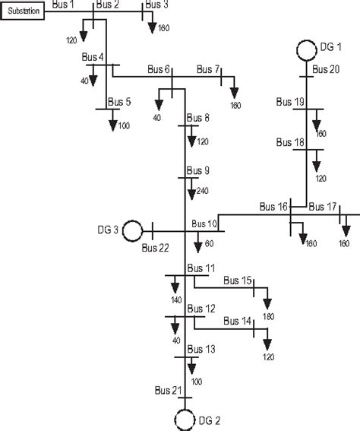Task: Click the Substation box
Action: pyautogui.click(x=24, y=11)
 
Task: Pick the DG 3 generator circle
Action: pyautogui.click(x=133, y=229)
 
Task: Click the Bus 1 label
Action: pyautogui.click(x=64, y=5)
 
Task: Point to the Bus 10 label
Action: pyautogui.click(x=204, y=223)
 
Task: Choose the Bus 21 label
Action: pyautogui.click(x=165, y=391)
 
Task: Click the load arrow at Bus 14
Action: pyautogui.click(x=267, y=335)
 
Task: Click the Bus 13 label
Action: pyautogui.click(x=201, y=349)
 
